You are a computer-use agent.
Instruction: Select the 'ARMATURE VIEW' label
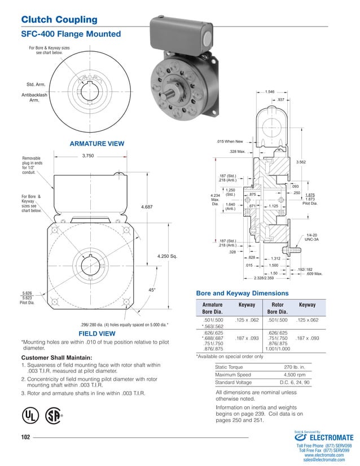pyautogui.click(x=96, y=144)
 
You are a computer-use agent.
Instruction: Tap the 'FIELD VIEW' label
pyautogui.click(x=96, y=334)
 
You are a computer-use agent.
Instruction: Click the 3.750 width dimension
pyautogui.click(x=88, y=155)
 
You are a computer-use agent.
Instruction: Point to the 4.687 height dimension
pyautogui.click(x=148, y=207)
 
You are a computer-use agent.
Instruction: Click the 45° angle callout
pyautogui.click(x=151, y=290)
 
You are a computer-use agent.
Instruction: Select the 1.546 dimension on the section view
pyautogui.click(x=270, y=91)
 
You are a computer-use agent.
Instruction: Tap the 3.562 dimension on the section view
pyautogui.click(x=301, y=162)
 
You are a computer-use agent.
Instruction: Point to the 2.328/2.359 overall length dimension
pyautogui.click(x=264, y=278)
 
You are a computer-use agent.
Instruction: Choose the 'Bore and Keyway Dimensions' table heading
pyautogui.click(x=242, y=293)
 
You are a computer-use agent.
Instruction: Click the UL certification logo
pyautogui.click(x=28, y=415)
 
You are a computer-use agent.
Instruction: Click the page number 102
pyautogui.click(x=25, y=437)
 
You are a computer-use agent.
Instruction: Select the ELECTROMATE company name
pyautogui.click(x=330, y=437)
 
